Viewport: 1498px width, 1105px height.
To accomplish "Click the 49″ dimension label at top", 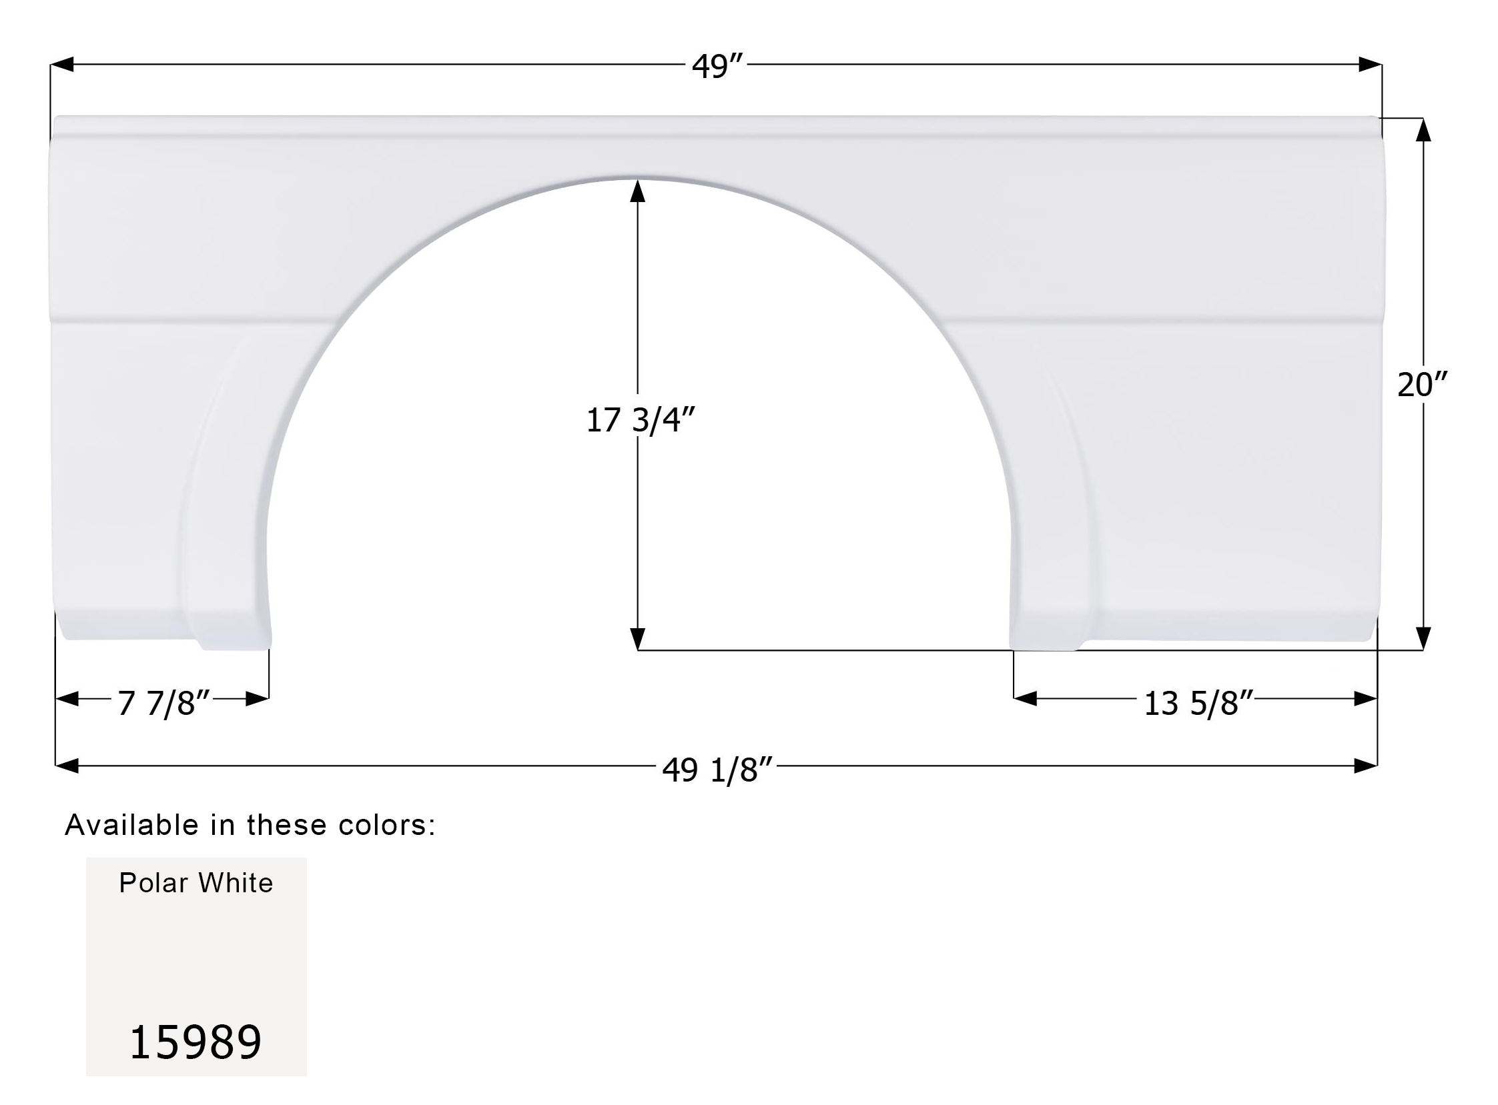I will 717,66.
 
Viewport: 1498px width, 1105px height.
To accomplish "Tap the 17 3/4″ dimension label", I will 641,421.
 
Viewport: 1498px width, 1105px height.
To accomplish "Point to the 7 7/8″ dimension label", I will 164,703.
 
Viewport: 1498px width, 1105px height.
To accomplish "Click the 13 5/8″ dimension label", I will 1198,704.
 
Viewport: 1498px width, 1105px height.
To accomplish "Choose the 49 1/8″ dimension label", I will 717,770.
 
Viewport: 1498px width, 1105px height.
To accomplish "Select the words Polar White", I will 196,883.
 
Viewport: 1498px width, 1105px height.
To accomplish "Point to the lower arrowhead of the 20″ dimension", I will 1423,638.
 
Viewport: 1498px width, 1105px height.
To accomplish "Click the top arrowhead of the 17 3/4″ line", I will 638,191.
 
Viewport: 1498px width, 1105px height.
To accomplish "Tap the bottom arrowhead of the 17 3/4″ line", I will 638,638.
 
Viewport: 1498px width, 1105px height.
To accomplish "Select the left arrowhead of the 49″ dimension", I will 62,65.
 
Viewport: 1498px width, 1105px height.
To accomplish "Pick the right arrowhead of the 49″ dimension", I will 1370,65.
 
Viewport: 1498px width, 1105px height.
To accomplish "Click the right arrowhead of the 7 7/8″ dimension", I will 257,699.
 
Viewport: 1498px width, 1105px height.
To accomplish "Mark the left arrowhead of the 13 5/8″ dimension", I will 1026,699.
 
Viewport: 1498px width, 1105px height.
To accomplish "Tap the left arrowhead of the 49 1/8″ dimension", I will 67,766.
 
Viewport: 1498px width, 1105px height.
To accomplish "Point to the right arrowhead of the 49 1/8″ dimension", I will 1365,766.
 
